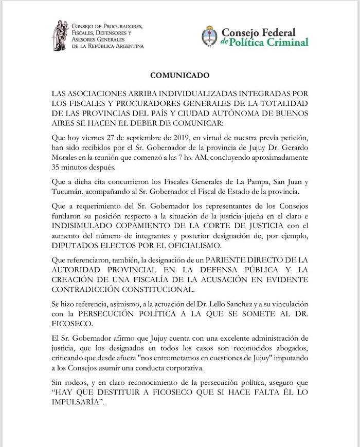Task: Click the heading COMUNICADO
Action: tap(179, 75)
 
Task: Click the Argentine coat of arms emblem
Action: tap(209, 35)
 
